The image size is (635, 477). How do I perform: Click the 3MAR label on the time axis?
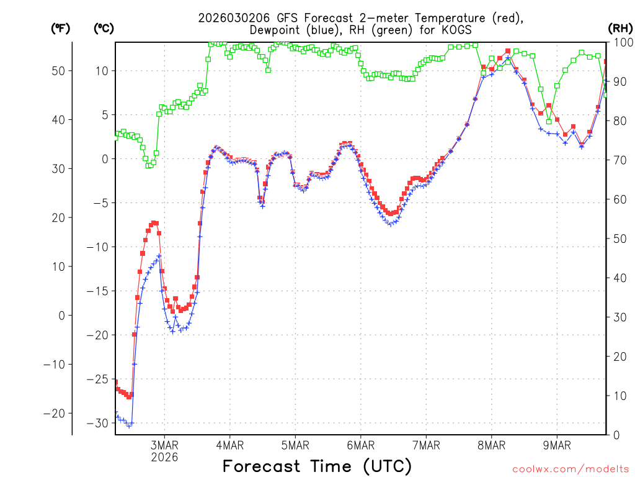pos(164,445)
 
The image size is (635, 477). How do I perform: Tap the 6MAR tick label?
pos(360,445)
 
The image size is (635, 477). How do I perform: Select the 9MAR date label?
pos(557,445)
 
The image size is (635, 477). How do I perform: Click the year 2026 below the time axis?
pos(164,457)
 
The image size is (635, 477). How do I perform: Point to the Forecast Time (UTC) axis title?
pos(317,466)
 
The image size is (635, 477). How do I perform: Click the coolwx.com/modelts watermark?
pos(571,468)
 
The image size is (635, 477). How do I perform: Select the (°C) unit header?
pos(104,29)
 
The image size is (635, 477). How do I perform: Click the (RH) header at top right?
pos(620,29)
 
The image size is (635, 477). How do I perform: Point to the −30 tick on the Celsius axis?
pos(100,423)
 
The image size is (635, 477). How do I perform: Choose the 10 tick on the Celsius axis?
pos(103,71)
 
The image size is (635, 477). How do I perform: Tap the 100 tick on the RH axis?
pos(623,42)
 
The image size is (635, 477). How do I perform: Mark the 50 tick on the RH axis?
pos(619,238)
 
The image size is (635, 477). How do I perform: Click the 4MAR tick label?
pos(229,445)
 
